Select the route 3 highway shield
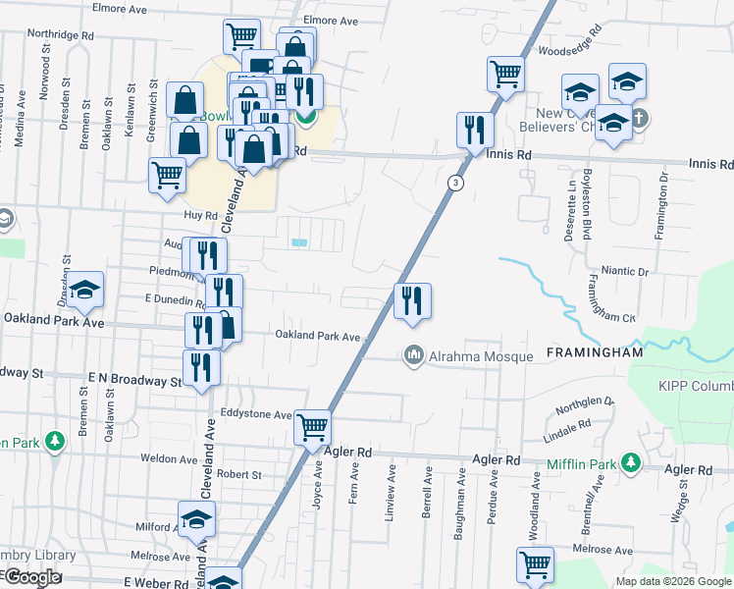(x=455, y=183)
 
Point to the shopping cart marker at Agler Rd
(x=313, y=428)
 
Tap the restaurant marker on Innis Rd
(x=475, y=131)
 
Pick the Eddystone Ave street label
(x=256, y=414)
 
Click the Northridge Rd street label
(x=61, y=32)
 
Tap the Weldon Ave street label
(x=169, y=458)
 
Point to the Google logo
(x=32, y=578)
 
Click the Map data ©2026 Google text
(x=672, y=581)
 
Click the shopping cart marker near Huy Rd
(x=167, y=176)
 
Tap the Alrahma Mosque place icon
(x=414, y=355)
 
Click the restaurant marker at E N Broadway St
(x=201, y=367)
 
